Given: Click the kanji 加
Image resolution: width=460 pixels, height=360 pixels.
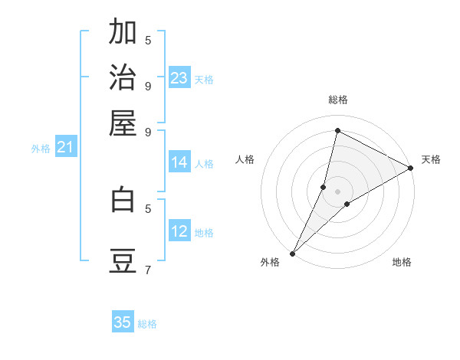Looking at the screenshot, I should pyautogui.click(x=123, y=32).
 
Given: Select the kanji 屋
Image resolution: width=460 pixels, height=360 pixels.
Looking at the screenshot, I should pyautogui.click(x=123, y=122).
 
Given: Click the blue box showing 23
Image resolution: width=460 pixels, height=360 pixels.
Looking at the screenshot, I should pyautogui.click(x=179, y=78).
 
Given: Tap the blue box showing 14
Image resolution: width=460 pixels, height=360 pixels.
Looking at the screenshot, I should pyautogui.click(x=179, y=162).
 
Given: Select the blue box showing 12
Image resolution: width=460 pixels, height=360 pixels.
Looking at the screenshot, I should pyautogui.click(x=179, y=231).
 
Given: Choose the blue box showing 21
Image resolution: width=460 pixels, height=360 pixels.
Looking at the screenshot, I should pyautogui.click(x=65, y=147).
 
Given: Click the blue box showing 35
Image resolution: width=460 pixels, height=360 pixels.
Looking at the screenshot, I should pyautogui.click(x=123, y=322).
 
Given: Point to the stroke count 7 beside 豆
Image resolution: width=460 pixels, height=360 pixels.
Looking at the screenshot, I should pyautogui.click(x=148, y=270).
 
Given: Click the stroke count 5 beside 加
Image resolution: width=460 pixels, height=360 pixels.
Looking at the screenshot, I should pyautogui.click(x=148, y=40).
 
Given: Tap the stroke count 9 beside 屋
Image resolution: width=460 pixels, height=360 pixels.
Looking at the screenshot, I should pyautogui.click(x=148, y=131).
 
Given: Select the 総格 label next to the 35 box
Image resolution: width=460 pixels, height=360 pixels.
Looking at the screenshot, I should pyautogui.click(x=147, y=324).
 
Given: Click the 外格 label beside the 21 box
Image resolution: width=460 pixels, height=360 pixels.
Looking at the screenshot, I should pyautogui.click(x=41, y=149).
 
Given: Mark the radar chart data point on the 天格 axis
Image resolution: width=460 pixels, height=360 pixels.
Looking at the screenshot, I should pyautogui.click(x=411, y=169).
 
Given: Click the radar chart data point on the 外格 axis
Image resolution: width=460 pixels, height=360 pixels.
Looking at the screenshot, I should pyautogui.click(x=292, y=253).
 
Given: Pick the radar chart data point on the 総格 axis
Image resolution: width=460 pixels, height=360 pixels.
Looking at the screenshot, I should pyautogui.click(x=337, y=130).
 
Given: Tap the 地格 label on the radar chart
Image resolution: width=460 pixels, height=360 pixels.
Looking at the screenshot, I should pyautogui.click(x=402, y=262).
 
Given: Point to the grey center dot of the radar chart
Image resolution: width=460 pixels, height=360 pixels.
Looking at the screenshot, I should pyautogui.click(x=337, y=191).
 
